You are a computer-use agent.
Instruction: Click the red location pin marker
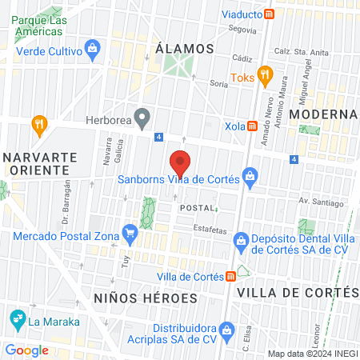point(181,163)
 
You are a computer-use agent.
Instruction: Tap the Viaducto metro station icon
point(270,14)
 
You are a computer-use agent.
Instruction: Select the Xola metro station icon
point(252,126)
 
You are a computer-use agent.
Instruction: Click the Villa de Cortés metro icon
point(231,276)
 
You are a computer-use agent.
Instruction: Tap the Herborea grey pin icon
point(142,121)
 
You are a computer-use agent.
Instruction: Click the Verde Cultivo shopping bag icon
point(94,48)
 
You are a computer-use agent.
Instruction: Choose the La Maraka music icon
point(17,322)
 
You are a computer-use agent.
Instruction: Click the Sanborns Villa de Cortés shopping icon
point(250,174)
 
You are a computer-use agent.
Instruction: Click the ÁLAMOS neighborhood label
point(186,48)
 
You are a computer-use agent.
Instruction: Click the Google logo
point(26,350)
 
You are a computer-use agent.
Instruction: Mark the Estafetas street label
point(210,230)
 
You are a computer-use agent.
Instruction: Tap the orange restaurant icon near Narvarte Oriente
point(38,124)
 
